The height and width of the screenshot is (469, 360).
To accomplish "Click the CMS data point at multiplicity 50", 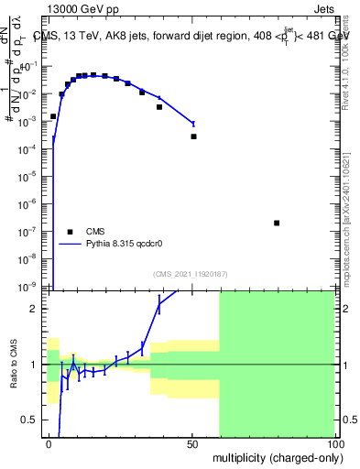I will pos(193,136).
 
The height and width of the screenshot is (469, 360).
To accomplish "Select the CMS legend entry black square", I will pos(68,232).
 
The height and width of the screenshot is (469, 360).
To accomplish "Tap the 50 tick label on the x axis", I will pos(192,443).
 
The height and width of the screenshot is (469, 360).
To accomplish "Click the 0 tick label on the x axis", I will pos(49,443).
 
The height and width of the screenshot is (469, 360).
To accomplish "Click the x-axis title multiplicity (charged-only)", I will pos(275,457).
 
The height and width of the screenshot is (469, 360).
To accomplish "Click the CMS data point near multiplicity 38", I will pos(159,107).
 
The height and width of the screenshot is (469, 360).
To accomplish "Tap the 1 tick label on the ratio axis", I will pos(38,365).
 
